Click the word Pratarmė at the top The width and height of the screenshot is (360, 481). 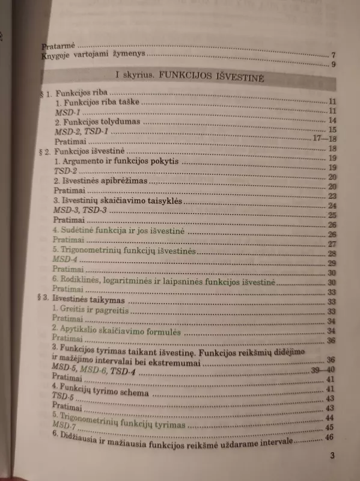(x=57, y=46)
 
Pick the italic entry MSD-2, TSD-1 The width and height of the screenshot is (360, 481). (x=81, y=130)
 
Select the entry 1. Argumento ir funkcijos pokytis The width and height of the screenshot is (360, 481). (x=117, y=162)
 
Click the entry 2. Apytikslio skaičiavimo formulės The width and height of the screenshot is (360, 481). (x=117, y=331)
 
